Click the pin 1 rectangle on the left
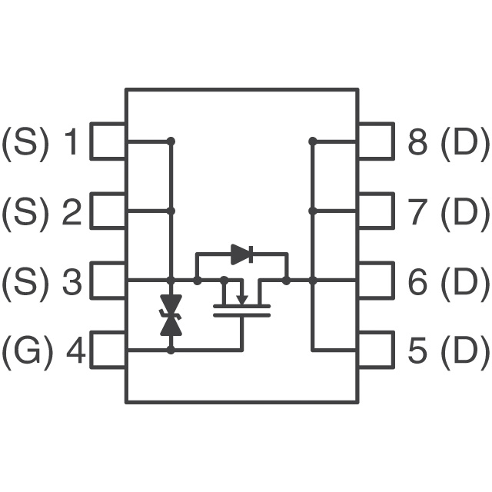tap(108, 141)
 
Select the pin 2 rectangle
tap(108, 211)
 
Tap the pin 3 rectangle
tap(108, 281)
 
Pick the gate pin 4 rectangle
tap(108, 350)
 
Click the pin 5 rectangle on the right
tap(375, 350)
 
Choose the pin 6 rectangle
tap(375, 281)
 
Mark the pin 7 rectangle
tap(375, 211)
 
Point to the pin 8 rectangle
tap(375, 141)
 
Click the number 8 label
tap(417, 142)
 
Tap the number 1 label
tap(71, 142)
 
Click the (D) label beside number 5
tap(464, 351)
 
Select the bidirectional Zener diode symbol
tap(171, 315)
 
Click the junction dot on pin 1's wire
tap(171, 141)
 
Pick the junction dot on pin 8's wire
tap(312, 141)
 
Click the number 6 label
tap(417, 282)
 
